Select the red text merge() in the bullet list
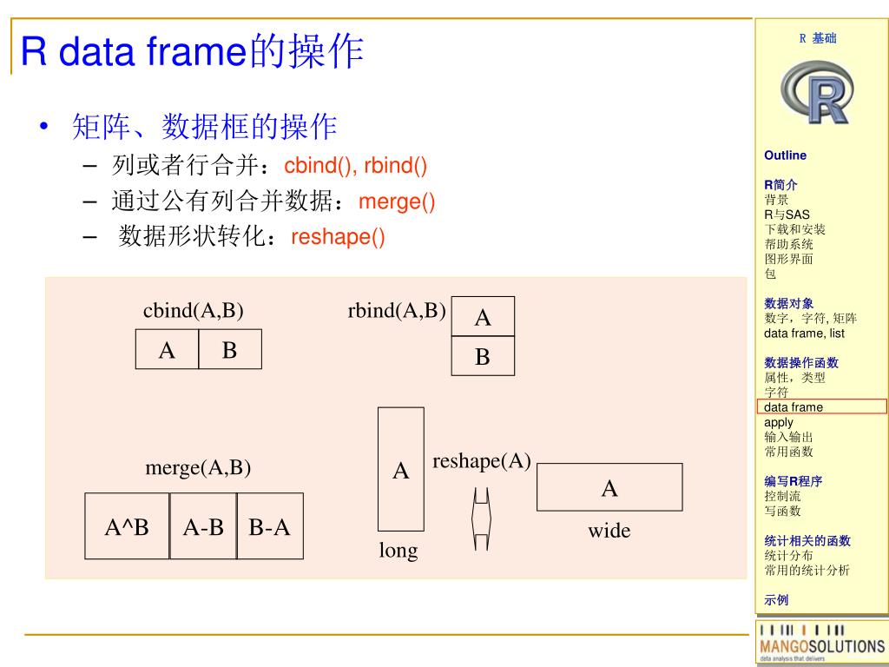point(397,202)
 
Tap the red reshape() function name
point(338,237)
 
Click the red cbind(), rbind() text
point(356,166)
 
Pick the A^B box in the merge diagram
point(127,526)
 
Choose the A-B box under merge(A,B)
point(203,526)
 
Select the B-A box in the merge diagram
point(270,526)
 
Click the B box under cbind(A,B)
point(230,350)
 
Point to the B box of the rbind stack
point(483,356)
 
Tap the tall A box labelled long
point(401,470)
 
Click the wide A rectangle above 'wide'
point(609,487)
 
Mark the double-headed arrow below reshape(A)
point(481,518)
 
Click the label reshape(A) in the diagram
point(481,461)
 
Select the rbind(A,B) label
point(397,311)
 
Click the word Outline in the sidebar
point(785,155)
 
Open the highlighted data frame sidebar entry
point(794,406)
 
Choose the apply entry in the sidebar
point(779,422)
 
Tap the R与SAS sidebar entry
point(787,215)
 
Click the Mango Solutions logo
point(821,644)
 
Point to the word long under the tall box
point(398,551)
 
